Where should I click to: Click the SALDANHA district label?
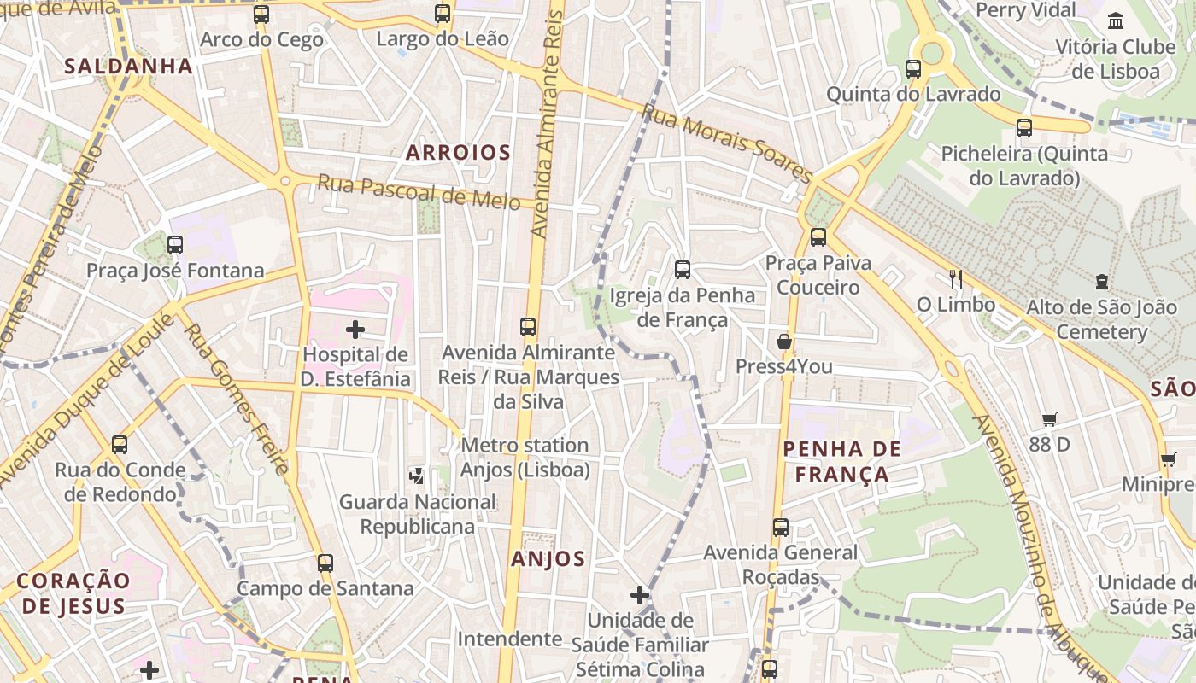point(128,66)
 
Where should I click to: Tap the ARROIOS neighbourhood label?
point(458,153)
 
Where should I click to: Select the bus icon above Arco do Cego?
point(261,15)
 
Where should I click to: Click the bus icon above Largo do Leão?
point(442,14)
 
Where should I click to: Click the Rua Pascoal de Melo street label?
point(419,192)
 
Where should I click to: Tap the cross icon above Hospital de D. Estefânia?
point(355,329)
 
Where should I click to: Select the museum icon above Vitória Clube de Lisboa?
point(1116,21)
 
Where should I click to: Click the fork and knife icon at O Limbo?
point(956,278)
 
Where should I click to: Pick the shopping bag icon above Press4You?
point(783,341)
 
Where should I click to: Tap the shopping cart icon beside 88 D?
point(1050,419)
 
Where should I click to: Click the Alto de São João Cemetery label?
point(1101,319)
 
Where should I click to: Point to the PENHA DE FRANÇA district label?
point(842,461)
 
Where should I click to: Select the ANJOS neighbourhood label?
point(548,559)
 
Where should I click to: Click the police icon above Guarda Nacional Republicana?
point(417,476)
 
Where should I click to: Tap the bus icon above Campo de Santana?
point(325,563)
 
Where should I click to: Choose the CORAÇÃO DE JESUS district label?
point(73,593)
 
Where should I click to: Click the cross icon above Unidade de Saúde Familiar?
point(640,595)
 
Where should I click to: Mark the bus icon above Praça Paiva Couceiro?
point(818,237)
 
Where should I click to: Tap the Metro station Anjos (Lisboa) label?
point(525,458)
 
